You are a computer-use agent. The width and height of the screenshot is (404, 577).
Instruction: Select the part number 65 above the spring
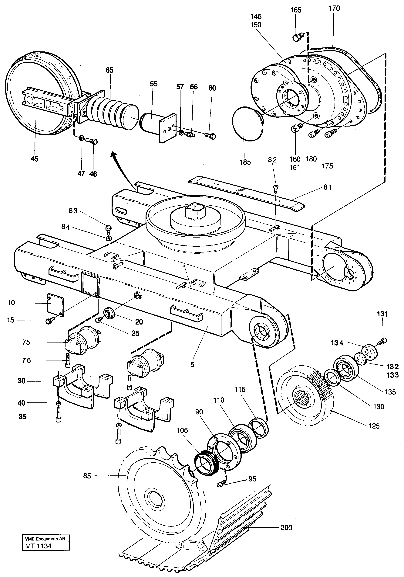109,70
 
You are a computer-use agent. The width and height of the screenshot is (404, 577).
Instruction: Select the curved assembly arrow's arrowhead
114,154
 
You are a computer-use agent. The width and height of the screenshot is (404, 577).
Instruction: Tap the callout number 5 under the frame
192,365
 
